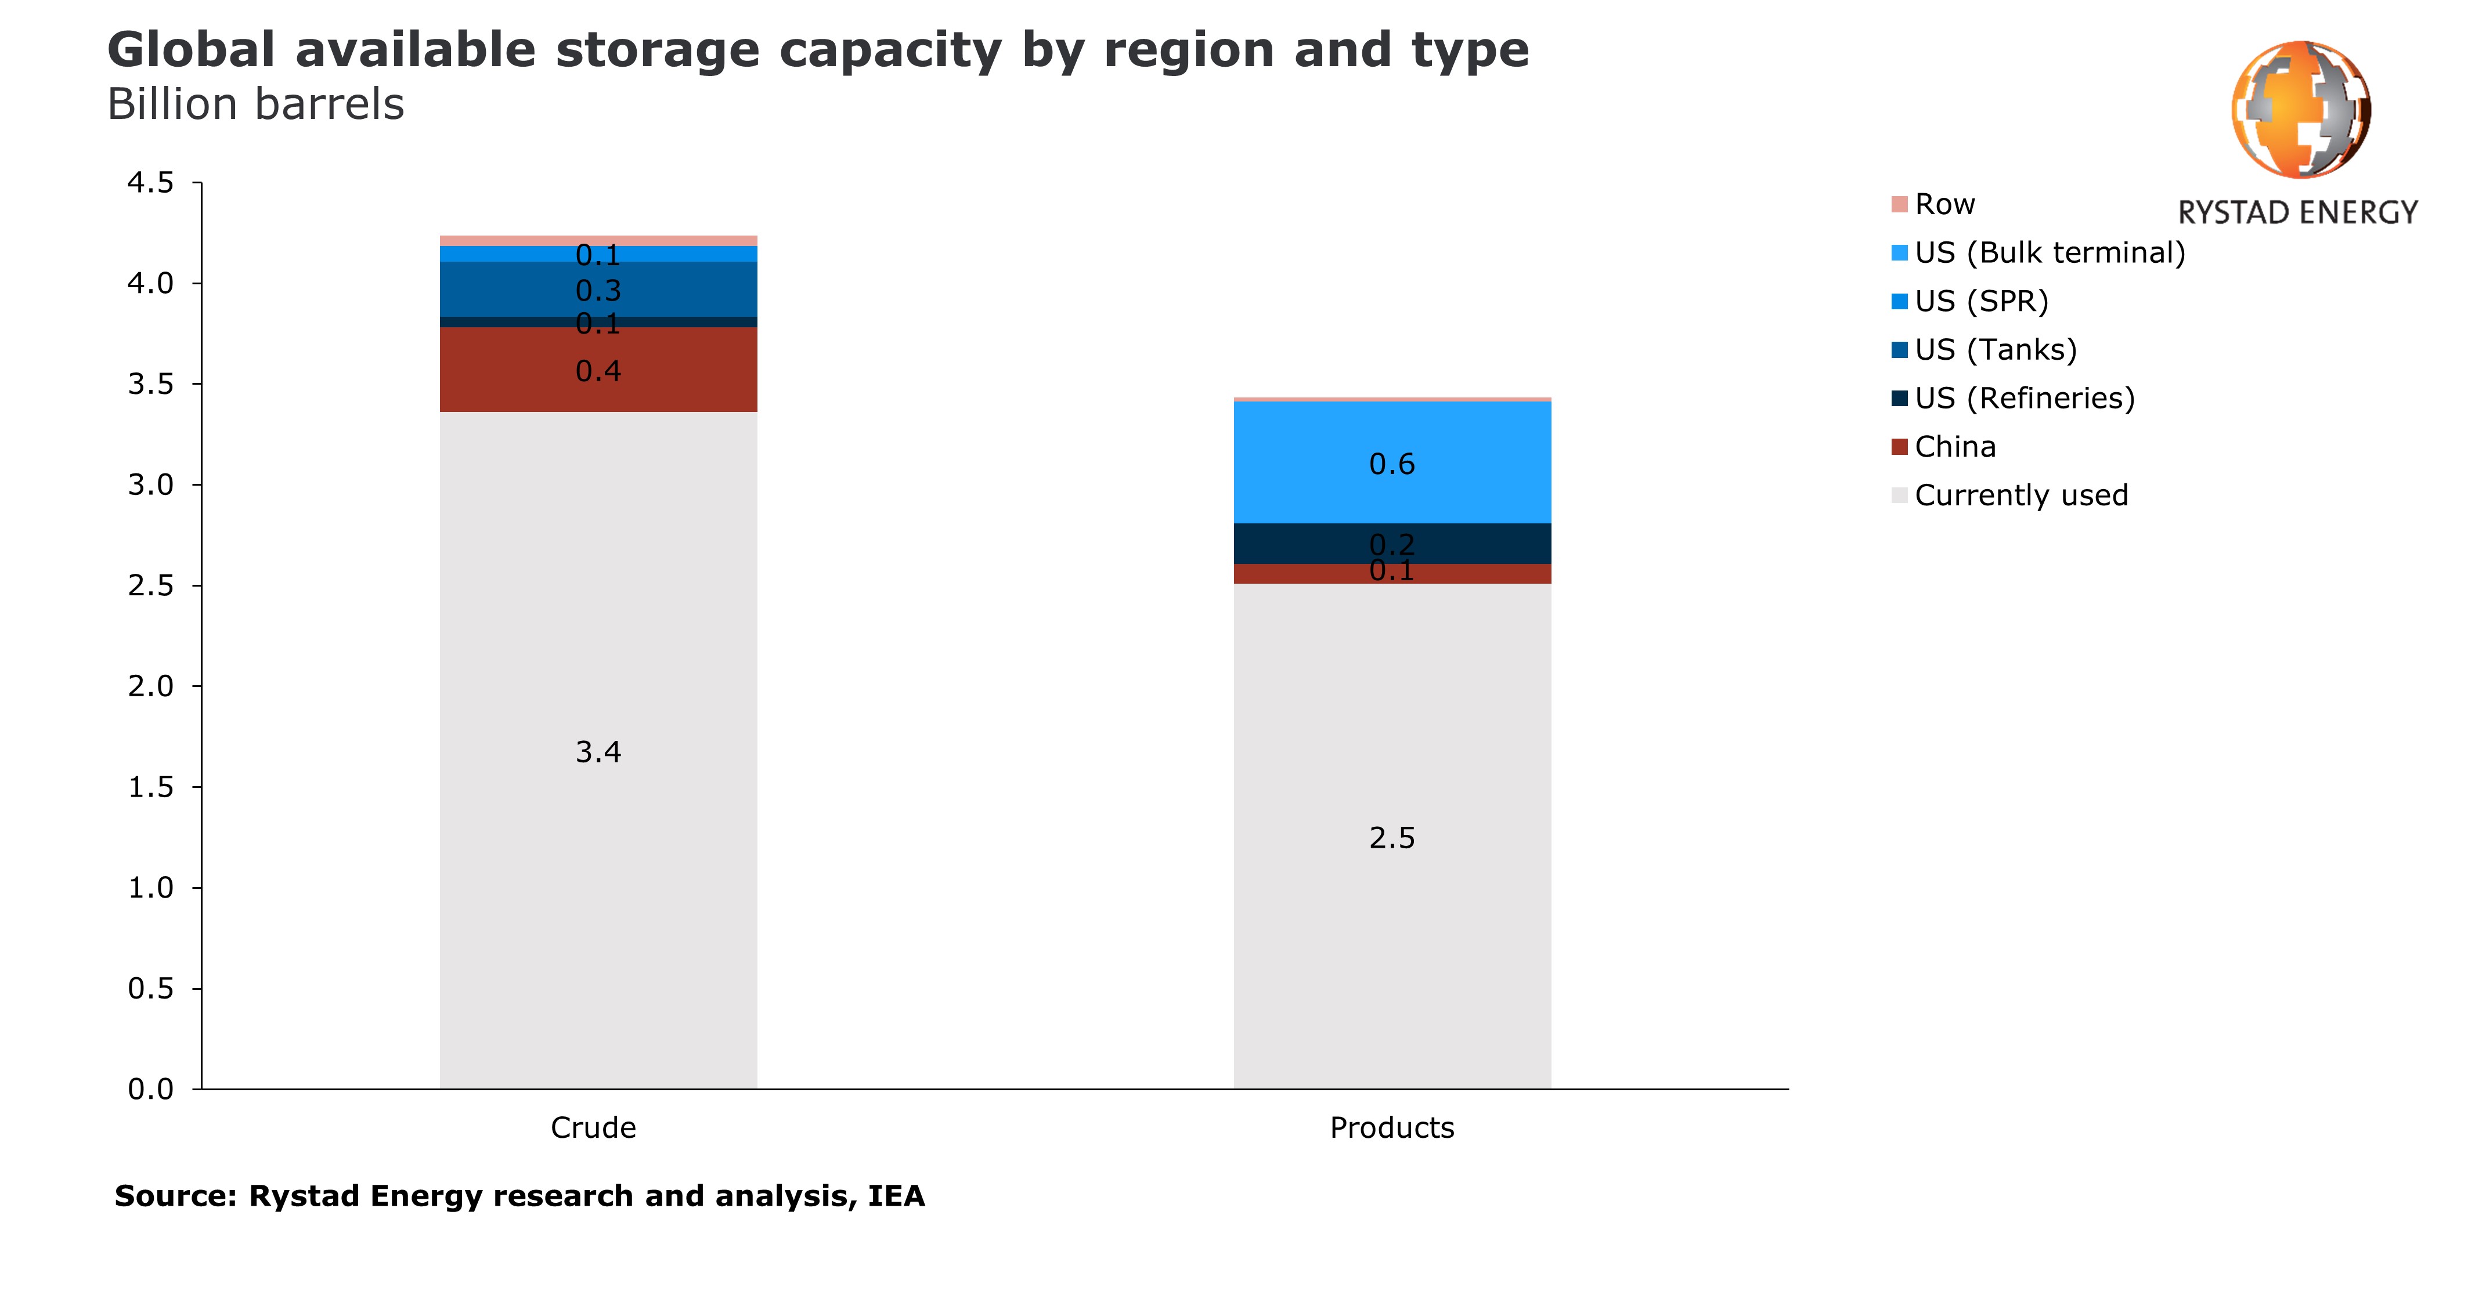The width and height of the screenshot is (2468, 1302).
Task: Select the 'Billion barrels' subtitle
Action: click(x=256, y=104)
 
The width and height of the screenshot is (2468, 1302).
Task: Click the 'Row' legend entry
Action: click(x=1944, y=204)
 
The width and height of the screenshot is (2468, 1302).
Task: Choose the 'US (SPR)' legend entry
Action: click(x=1980, y=302)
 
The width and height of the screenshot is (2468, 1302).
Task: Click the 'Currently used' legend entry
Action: click(x=2020, y=496)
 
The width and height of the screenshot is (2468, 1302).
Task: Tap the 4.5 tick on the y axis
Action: click(x=151, y=182)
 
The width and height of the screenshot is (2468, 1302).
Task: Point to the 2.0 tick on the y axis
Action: click(x=151, y=686)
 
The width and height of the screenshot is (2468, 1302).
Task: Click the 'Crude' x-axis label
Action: click(x=593, y=1127)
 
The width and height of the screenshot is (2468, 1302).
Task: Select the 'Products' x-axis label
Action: click(x=1391, y=1127)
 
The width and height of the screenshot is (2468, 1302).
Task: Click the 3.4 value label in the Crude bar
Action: click(x=598, y=752)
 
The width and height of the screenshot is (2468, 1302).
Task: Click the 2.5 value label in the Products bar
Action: click(x=1391, y=838)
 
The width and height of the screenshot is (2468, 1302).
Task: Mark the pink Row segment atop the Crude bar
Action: click(x=598, y=240)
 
